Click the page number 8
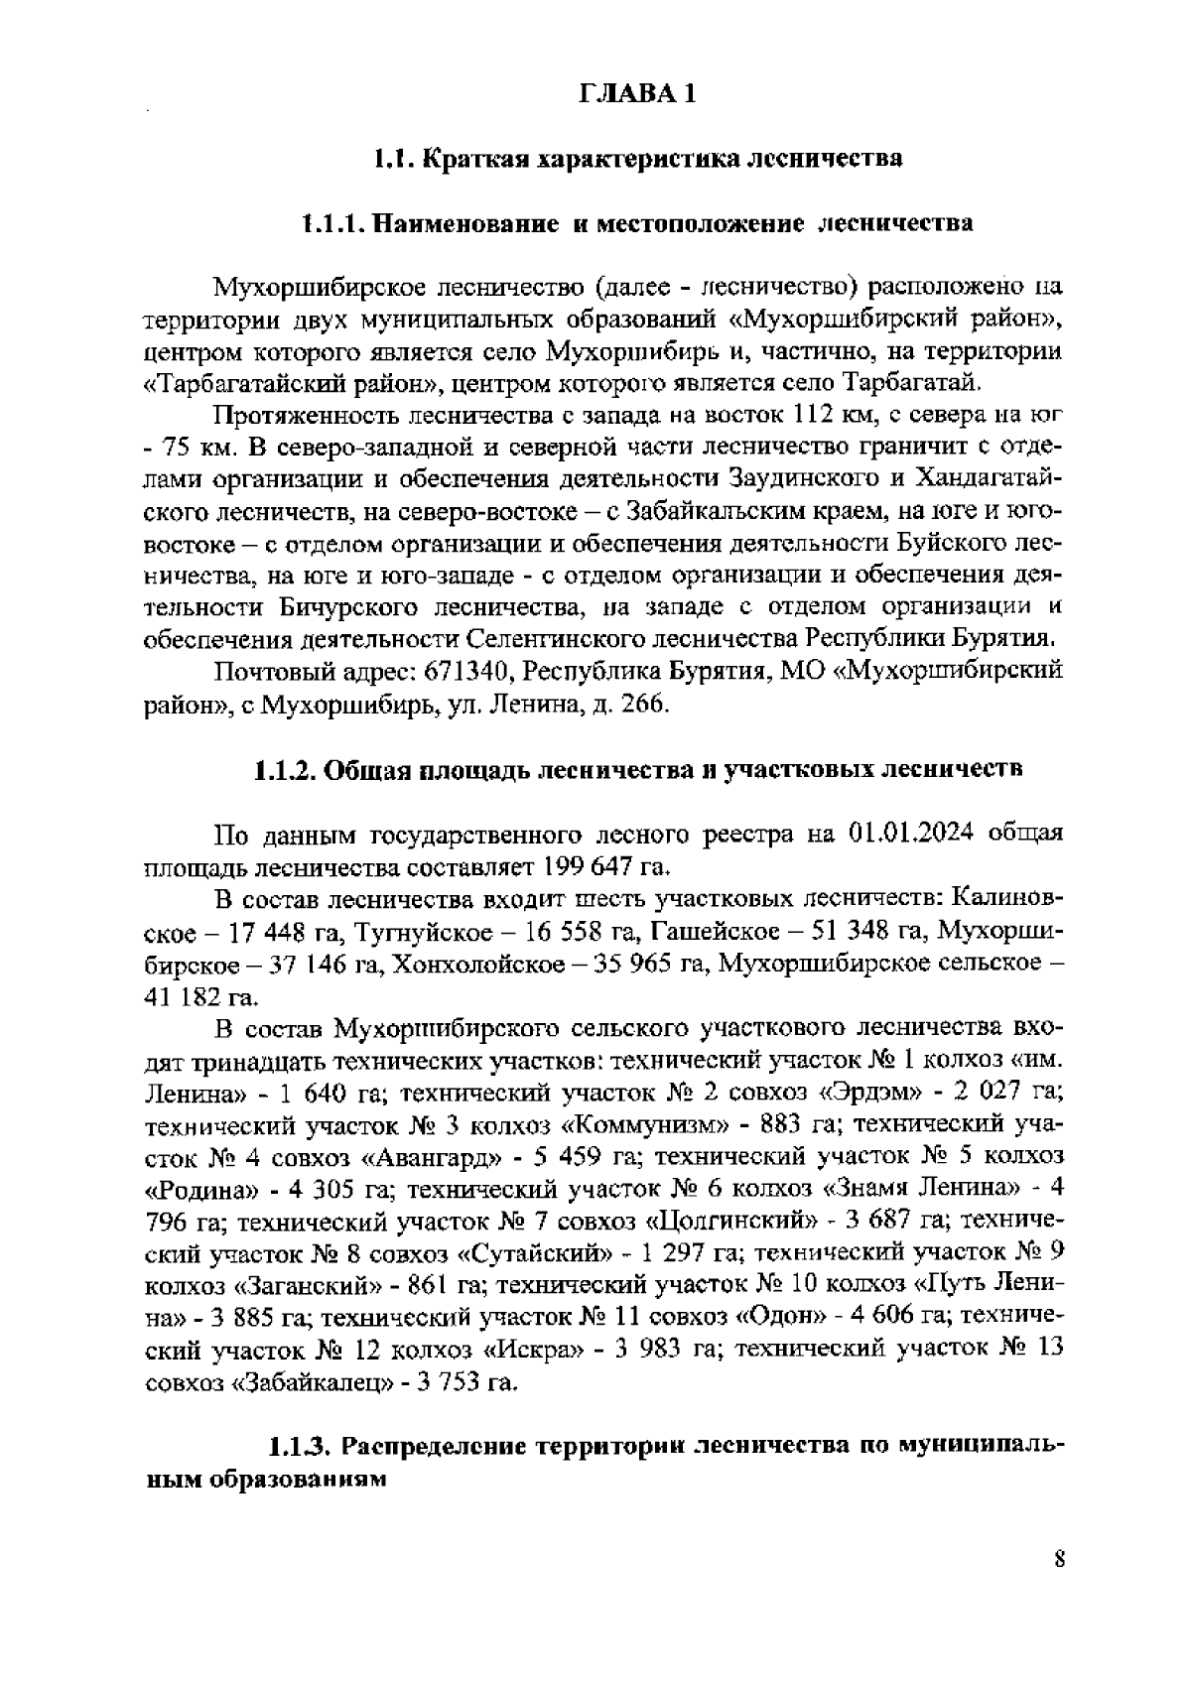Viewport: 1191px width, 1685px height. [x=1059, y=1558]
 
